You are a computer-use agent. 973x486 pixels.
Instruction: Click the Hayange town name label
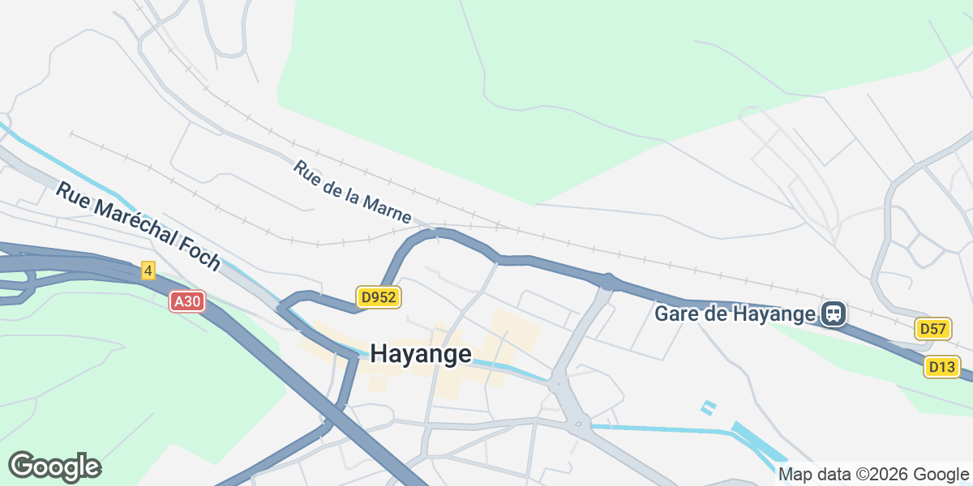point(421,354)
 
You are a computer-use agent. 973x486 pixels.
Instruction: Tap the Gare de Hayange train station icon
point(834,313)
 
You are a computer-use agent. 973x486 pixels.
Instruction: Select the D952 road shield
point(378,297)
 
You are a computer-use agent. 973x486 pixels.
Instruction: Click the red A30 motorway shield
point(187,301)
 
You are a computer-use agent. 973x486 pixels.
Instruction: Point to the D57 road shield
point(933,328)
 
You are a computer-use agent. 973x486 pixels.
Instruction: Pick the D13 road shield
point(941,367)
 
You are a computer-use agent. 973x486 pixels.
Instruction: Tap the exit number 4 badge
point(148,271)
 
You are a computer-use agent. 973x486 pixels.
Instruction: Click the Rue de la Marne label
point(353,193)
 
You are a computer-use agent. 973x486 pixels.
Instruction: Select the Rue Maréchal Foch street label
point(138,225)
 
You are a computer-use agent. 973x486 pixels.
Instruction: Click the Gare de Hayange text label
point(735,313)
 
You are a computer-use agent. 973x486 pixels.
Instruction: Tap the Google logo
point(54,467)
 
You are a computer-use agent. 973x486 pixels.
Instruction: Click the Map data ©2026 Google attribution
point(873,474)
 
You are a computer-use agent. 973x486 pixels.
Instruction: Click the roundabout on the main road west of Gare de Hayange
point(608,281)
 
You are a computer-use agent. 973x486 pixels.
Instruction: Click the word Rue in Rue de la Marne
point(306,172)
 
